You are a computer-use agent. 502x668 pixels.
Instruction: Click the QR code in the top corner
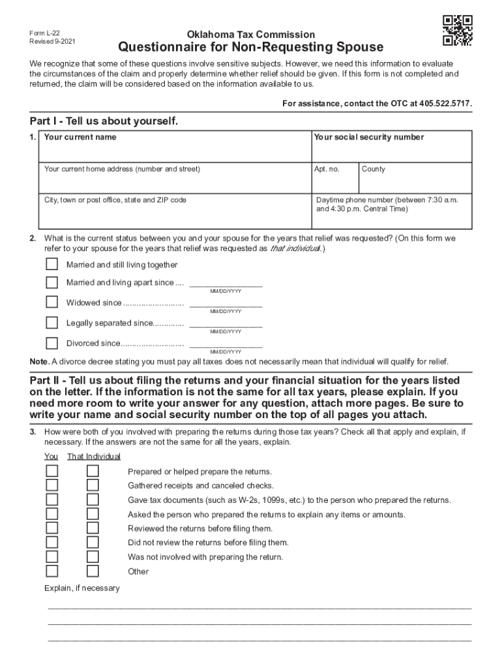coord(457,30)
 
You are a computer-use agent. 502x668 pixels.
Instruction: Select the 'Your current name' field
coord(174,151)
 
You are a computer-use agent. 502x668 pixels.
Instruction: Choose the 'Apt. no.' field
coord(334,181)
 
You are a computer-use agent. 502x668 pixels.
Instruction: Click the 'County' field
coord(415,181)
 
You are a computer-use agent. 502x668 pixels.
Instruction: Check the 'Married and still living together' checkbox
coord(52,265)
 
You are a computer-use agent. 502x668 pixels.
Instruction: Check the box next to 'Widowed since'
coord(52,303)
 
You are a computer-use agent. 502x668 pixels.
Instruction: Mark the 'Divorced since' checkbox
coord(52,343)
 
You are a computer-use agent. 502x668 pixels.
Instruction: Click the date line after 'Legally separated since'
coord(226,324)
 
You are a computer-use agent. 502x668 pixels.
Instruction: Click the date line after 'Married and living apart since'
coord(226,284)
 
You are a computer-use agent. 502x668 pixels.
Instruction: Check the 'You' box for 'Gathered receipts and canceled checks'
coord(52,485)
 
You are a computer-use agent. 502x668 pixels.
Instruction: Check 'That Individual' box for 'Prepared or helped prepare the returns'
coord(93,471)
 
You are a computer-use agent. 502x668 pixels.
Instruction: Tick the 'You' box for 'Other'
coord(52,571)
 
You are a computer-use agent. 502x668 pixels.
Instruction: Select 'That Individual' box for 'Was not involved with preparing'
coord(93,557)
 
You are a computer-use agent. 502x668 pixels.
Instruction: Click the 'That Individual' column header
coord(93,457)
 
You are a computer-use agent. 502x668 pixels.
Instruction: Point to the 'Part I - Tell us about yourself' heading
coord(104,122)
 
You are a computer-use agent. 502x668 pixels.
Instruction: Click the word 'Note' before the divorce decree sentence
coord(38,362)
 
